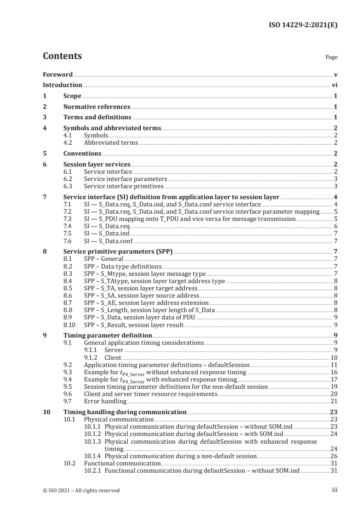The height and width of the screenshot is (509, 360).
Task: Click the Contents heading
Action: click(62, 56)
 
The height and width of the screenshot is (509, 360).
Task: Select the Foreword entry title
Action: click(58, 74)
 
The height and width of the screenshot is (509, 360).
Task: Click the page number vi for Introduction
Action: click(334, 85)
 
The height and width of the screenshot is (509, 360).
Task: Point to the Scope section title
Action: click(72, 96)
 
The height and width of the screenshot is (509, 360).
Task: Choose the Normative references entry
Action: click(97, 107)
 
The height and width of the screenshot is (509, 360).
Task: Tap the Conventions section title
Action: click(82, 153)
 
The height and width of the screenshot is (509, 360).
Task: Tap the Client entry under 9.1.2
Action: click(113, 357)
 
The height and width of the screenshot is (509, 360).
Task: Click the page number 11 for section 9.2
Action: click(334, 365)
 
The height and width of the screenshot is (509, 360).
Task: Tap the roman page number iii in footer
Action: click(335, 490)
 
